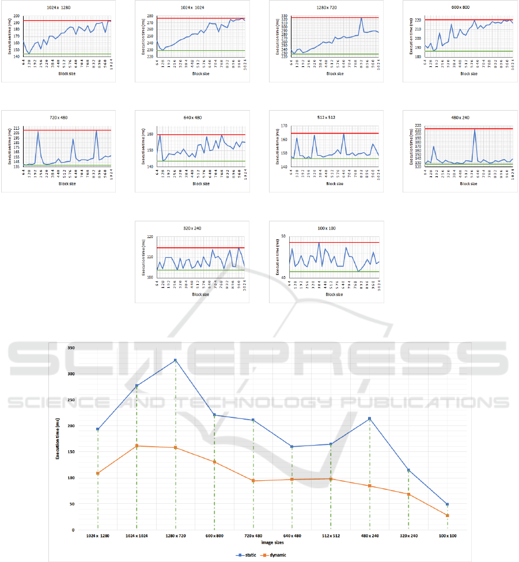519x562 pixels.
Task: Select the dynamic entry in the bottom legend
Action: tap(275, 555)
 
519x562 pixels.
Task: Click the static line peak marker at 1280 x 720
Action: tap(175, 360)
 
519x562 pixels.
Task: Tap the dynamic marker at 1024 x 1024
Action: tap(137, 446)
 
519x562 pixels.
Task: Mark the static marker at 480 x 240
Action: tap(369, 418)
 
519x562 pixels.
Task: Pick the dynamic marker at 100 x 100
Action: tap(447, 515)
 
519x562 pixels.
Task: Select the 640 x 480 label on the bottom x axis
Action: tap(292, 536)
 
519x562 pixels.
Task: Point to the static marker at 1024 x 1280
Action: tap(98, 429)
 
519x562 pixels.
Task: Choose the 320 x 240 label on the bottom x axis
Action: tap(408, 536)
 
